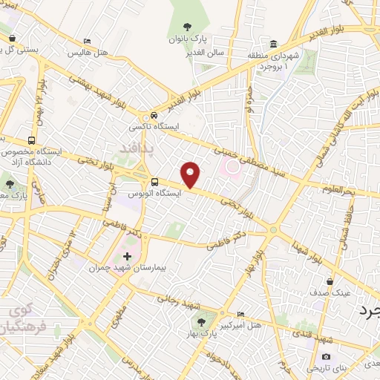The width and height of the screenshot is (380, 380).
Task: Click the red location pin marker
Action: (x=191, y=174)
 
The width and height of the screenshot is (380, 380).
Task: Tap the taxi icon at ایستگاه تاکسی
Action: (x=153, y=116)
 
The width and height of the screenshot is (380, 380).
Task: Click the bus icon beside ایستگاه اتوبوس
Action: (x=154, y=182)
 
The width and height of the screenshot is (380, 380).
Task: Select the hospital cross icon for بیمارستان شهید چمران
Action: (x=126, y=256)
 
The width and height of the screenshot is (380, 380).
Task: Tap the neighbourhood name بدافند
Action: (x=135, y=150)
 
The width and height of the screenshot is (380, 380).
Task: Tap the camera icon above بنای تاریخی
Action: (x=326, y=357)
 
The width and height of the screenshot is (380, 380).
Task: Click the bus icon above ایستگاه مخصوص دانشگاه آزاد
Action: (x=31, y=140)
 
